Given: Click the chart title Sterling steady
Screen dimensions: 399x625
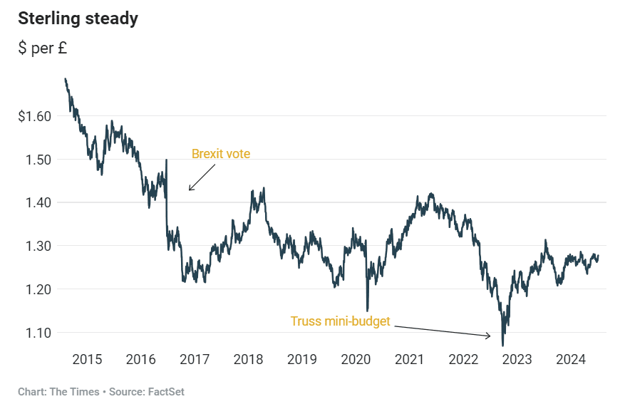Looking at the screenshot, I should (x=78, y=19).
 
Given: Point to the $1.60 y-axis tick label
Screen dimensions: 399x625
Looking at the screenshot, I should (x=35, y=116).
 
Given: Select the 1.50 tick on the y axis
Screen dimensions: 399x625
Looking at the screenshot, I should (x=38, y=160).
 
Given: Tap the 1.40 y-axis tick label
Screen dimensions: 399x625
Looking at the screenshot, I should (x=38, y=203).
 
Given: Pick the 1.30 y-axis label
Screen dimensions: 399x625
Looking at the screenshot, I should (x=38, y=247).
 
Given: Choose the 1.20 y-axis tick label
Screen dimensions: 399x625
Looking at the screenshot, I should (x=38, y=289).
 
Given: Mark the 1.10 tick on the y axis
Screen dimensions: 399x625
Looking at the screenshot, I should (x=38, y=333).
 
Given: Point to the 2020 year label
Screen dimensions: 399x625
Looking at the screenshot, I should (x=356, y=359).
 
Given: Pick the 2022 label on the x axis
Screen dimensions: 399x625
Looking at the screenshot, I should (x=463, y=359).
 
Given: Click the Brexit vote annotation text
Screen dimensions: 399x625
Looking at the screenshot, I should (x=221, y=153).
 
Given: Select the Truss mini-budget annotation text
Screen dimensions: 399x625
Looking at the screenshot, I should (x=340, y=321).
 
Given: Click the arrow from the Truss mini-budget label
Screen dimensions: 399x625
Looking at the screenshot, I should (x=442, y=331).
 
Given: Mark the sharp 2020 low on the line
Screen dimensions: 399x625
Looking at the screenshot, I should (x=368, y=311).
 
